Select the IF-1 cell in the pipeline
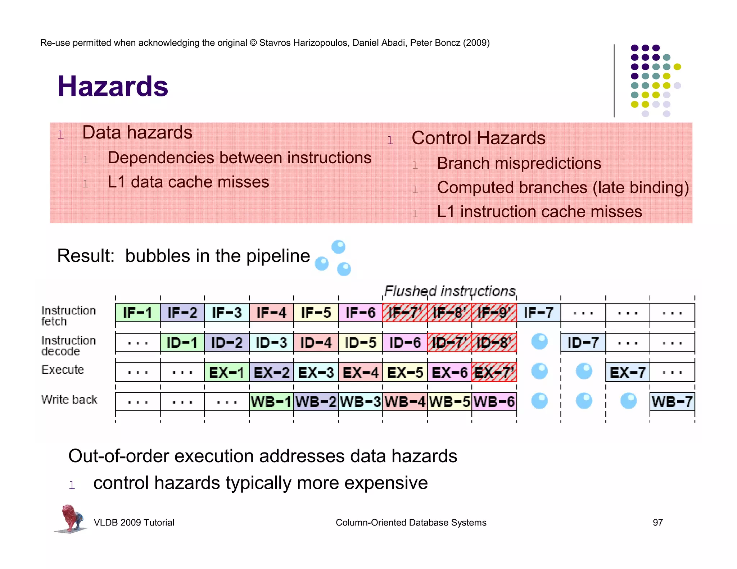[137, 313]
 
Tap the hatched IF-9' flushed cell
[494, 313]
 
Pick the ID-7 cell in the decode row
[583, 342]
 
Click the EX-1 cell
[227, 372]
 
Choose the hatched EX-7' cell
[494, 372]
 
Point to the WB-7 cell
[672, 401]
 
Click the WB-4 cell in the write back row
[405, 401]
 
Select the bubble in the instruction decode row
[539, 342]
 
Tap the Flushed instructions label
[450, 291]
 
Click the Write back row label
[69, 399]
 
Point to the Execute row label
[63, 369]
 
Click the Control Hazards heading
[478, 138]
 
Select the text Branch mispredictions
[519, 163]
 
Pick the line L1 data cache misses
[188, 182]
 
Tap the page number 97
[657, 522]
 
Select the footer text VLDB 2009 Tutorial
[134, 522]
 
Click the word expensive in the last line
[385, 483]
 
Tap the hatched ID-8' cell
[494, 342]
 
